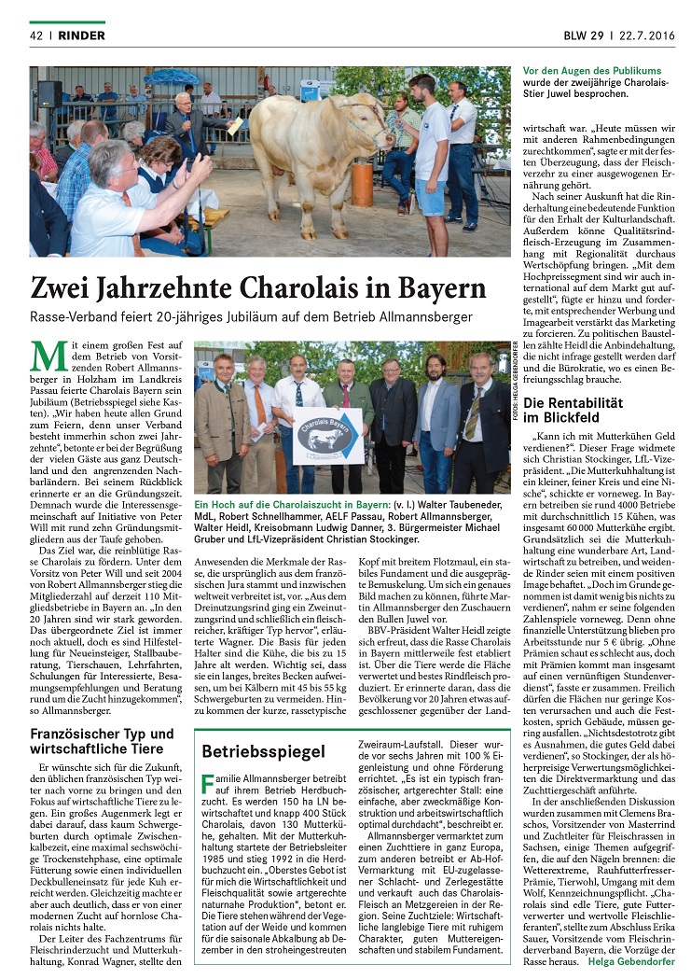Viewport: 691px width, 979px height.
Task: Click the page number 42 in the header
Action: pyautogui.click(x=37, y=35)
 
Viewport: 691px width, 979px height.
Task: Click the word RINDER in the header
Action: pyautogui.click(x=81, y=35)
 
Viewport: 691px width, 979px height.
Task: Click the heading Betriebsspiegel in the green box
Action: pyautogui.click(x=250, y=750)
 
